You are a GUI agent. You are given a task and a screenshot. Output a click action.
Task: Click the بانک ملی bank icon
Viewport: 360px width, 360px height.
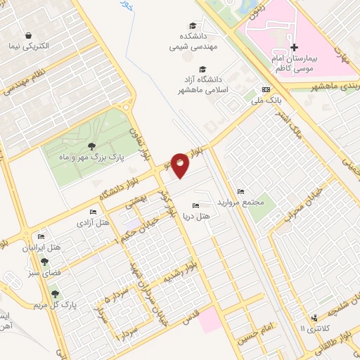point(265,90)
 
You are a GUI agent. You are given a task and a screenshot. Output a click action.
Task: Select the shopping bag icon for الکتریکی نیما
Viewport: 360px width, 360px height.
point(27,35)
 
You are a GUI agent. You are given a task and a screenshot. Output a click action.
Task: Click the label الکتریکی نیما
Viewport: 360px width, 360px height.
point(45,46)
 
